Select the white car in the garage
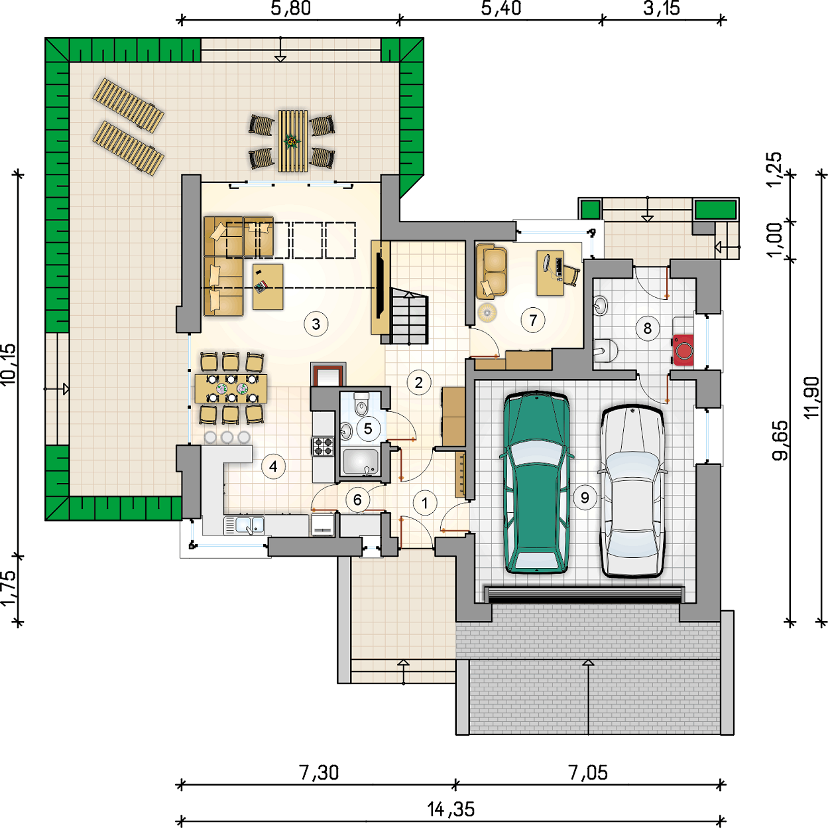(x=632, y=492)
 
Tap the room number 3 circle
(x=316, y=324)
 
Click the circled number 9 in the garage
(x=585, y=498)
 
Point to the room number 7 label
(x=533, y=320)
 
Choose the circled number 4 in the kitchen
(x=273, y=466)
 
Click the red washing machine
(x=683, y=350)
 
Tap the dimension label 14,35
(x=451, y=809)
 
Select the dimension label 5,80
(x=291, y=8)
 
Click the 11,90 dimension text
(x=812, y=397)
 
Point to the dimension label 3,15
(x=662, y=8)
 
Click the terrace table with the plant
(x=292, y=141)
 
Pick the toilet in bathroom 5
(x=361, y=403)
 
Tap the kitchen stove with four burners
(x=323, y=446)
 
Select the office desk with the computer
(x=550, y=273)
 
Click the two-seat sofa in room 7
(x=491, y=271)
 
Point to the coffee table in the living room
(x=268, y=287)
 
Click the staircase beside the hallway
(x=408, y=316)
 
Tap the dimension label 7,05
(x=588, y=774)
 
